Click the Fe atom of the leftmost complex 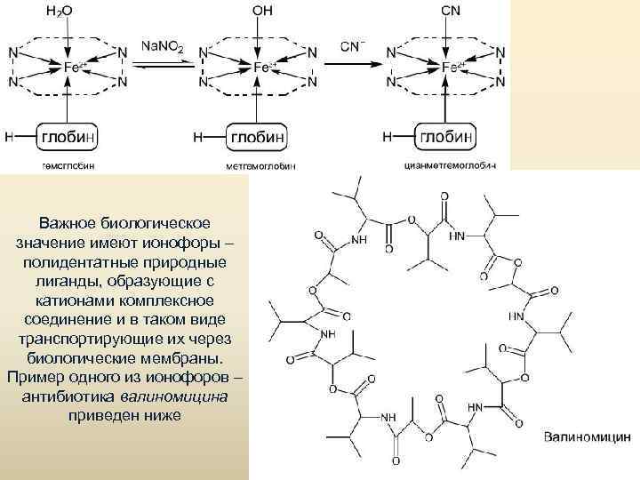tap(72, 67)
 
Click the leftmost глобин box tap(68, 138)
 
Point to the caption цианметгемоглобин tap(450, 165)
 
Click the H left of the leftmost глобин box tap(8, 138)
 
